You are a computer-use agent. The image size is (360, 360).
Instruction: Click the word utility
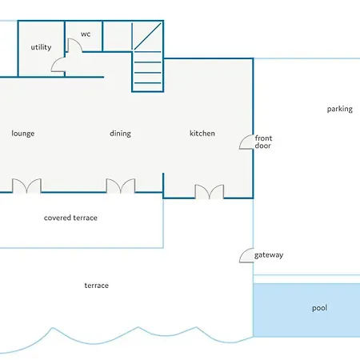(x=41, y=47)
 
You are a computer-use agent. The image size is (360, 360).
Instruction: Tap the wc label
(x=86, y=34)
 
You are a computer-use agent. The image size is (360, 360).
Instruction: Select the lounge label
(x=23, y=134)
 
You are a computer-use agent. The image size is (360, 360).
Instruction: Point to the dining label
(x=120, y=134)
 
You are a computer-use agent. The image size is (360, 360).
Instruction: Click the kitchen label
(x=202, y=133)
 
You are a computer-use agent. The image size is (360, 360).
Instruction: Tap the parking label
(x=340, y=109)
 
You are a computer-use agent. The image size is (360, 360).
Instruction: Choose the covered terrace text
(x=70, y=218)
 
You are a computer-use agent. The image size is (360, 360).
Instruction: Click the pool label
(x=319, y=308)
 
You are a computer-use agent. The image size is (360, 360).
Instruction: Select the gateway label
(x=269, y=255)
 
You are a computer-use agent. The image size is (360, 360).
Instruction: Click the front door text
(x=263, y=142)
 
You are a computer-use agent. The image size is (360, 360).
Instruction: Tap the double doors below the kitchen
(x=210, y=191)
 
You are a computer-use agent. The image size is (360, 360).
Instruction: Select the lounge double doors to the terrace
(x=26, y=186)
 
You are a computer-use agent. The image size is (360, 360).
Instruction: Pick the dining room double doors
(x=121, y=186)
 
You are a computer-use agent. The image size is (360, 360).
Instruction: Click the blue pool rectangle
(x=306, y=310)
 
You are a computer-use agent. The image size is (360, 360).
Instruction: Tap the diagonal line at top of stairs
(x=147, y=37)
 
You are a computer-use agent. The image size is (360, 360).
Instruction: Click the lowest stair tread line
(x=147, y=83)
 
